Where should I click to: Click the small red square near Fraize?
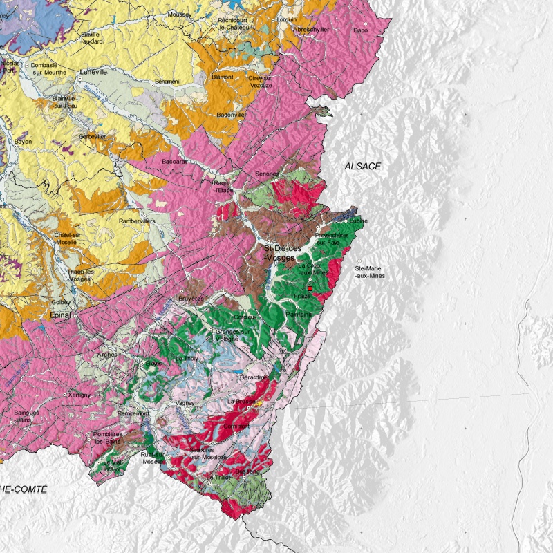tap(310, 288)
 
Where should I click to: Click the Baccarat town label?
tap(175, 161)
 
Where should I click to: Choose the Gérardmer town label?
tap(255, 377)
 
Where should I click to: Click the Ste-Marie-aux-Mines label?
tap(370, 272)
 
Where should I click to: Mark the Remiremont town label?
tap(133, 413)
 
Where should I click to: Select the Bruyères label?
tap(191, 298)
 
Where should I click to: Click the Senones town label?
tap(267, 174)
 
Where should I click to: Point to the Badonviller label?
tap(232, 115)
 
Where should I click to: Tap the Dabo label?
tap(360, 30)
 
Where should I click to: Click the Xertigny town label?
tap(80, 395)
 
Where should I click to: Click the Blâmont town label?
tap(222, 77)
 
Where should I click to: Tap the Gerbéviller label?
tap(93, 136)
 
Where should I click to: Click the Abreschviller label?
tap(311, 30)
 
